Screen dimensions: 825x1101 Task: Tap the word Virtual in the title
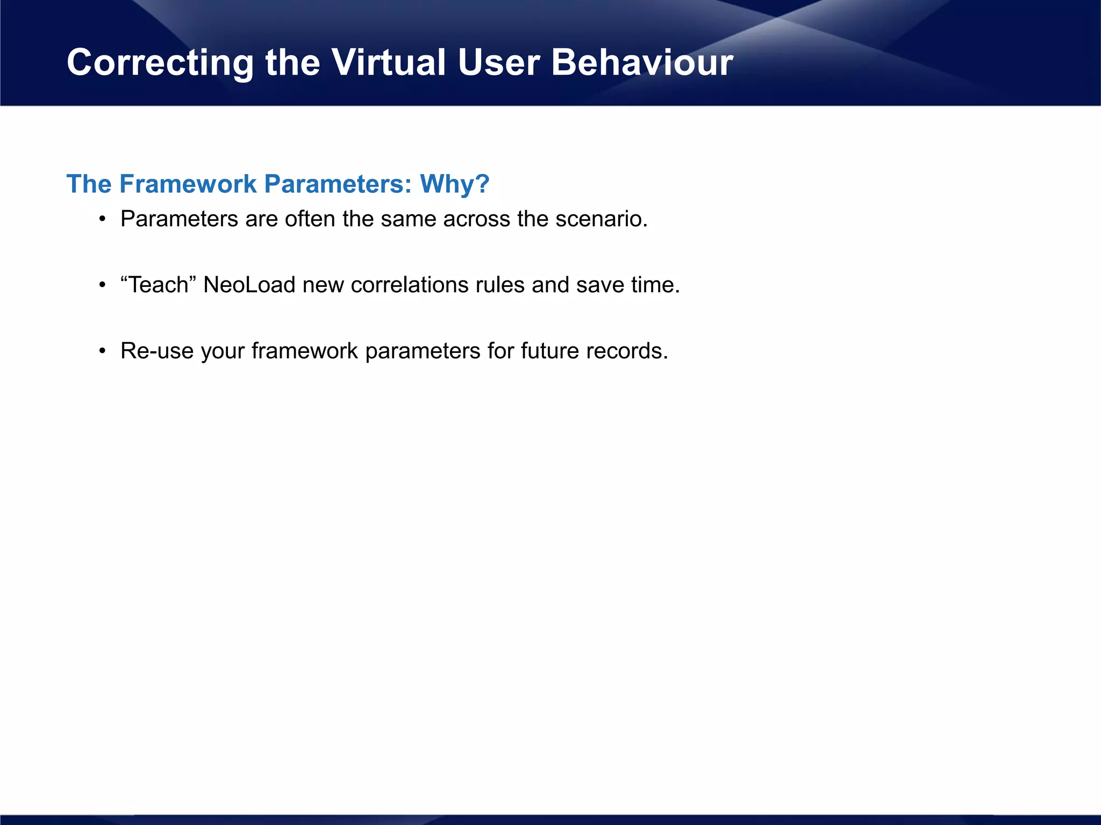(x=388, y=62)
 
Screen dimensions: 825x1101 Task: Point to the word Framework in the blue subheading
(x=188, y=184)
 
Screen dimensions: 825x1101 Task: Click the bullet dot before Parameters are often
(x=102, y=220)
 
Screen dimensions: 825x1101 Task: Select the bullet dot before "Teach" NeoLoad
(x=102, y=286)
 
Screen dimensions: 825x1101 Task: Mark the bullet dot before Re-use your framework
(x=102, y=352)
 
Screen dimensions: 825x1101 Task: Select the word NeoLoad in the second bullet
(x=249, y=285)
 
